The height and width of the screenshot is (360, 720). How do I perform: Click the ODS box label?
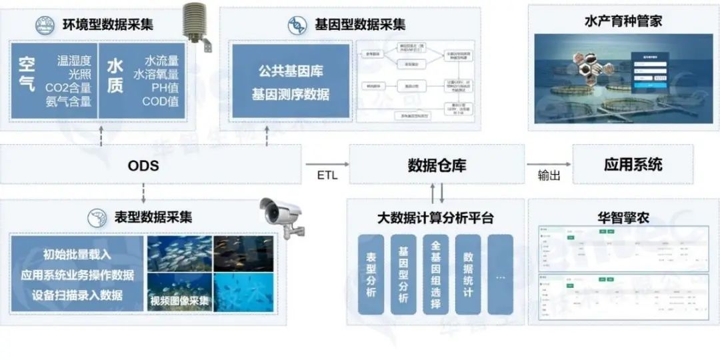pos(143,165)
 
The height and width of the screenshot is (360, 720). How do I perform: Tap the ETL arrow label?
pos(327,176)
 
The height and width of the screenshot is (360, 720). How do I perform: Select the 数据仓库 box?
pos(437,165)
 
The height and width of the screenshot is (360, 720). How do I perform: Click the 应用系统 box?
pos(633,164)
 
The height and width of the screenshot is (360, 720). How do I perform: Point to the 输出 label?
pos(549,176)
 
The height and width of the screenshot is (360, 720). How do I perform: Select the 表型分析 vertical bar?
pos(371,274)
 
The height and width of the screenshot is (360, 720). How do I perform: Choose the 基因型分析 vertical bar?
pos(403,274)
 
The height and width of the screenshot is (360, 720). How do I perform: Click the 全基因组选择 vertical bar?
pos(435,274)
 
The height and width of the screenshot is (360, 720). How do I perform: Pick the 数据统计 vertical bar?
pos(467,274)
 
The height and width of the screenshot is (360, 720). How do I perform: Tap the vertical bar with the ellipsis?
pos(500,274)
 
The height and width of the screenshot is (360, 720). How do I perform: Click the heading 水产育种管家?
pos(623,22)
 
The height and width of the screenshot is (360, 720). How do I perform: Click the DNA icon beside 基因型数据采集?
pos(297,25)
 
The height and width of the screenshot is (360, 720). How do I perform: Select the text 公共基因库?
pos(290,70)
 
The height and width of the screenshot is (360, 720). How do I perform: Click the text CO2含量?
pos(68,87)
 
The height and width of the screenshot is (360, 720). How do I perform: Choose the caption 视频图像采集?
pos(179,301)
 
